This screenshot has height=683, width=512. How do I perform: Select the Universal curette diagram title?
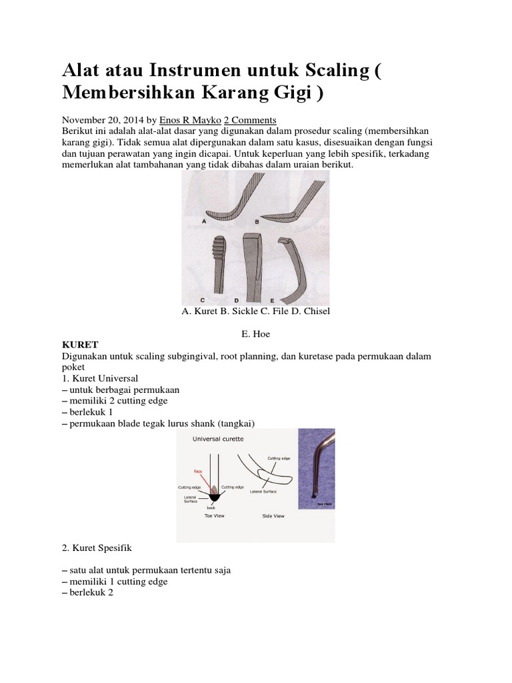tap(217, 440)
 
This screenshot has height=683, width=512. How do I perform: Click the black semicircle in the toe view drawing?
tap(214, 496)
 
